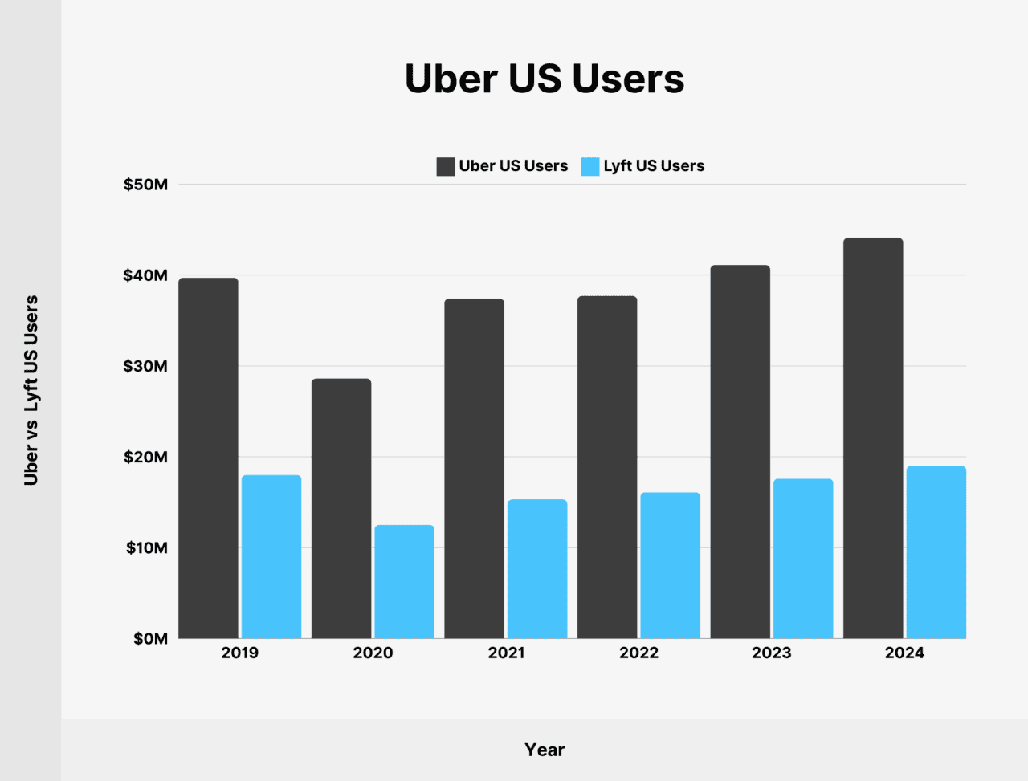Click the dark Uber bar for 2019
(208, 458)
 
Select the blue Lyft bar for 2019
(271, 556)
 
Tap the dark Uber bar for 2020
(341, 508)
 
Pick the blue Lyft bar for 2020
(404, 581)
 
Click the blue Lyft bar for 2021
(537, 568)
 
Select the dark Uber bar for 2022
(607, 467)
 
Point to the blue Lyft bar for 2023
(803, 558)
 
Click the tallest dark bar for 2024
(873, 437)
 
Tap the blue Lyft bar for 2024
(936, 551)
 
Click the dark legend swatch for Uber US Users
(446, 166)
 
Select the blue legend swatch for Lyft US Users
(590, 166)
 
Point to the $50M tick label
(145, 185)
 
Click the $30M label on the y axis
(145, 366)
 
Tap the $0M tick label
(150, 639)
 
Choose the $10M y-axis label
(146, 548)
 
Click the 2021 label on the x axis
(507, 653)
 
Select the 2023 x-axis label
(772, 653)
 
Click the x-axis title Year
(545, 750)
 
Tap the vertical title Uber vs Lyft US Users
(31, 390)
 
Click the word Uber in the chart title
(451, 79)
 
